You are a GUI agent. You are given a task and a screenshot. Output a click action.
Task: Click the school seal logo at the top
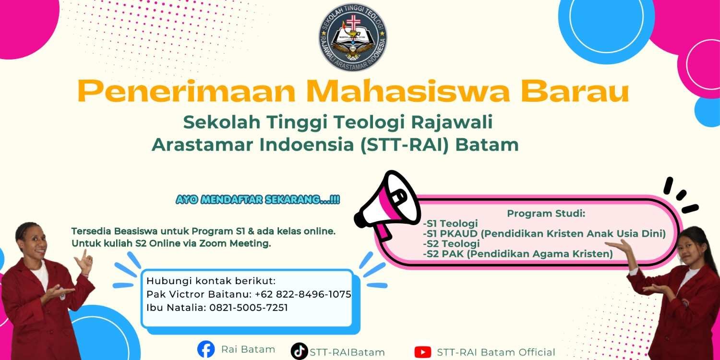pos(353,37)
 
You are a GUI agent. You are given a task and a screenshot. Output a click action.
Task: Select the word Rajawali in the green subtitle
pos(452,122)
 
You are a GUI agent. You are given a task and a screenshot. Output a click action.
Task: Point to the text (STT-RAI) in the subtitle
pos(404,144)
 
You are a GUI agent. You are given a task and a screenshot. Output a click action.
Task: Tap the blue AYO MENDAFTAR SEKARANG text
pos(258,200)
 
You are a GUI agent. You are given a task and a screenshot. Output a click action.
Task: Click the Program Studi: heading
pos(546,214)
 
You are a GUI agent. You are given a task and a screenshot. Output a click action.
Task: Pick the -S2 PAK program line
pos(518,254)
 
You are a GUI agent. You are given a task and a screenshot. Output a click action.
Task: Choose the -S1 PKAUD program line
pos(544,233)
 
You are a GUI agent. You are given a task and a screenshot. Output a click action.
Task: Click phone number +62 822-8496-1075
pos(303,294)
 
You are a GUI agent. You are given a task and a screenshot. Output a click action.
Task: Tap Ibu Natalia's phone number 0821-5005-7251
pos(249,308)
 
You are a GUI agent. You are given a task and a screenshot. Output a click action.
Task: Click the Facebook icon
pos(206,349)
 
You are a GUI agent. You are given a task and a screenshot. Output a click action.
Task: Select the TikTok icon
pos(299,351)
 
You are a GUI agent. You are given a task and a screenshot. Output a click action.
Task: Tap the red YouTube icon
pos(423,352)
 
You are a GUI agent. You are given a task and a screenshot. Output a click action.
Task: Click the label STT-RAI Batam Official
pos(496,352)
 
